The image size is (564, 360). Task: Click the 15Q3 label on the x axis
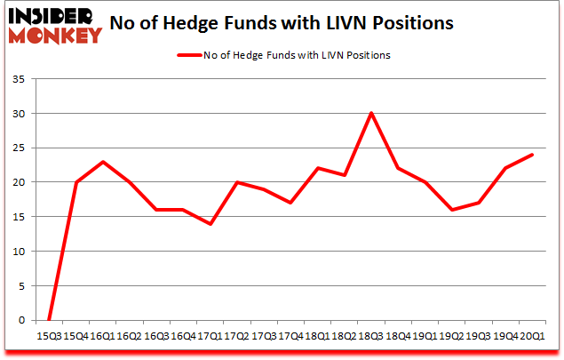[x=51, y=335]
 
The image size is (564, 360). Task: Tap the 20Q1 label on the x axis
[x=533, y=335]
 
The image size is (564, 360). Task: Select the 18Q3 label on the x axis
[x=372, y=335]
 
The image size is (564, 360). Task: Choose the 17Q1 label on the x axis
[x=211, y=335]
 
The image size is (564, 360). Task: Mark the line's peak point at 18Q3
[x=371, y=113]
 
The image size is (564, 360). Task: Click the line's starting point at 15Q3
[x=50, y=319]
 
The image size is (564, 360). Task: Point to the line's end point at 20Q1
[x=532, y=155]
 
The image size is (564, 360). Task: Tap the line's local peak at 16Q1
[x=104, y=162]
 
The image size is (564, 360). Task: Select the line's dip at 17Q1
[x=211, y=223]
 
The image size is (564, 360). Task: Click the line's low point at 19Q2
[x=451, y=210]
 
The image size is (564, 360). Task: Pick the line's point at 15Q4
[x=77, y=182]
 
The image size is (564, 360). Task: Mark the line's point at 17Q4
[x=290, y=203]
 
